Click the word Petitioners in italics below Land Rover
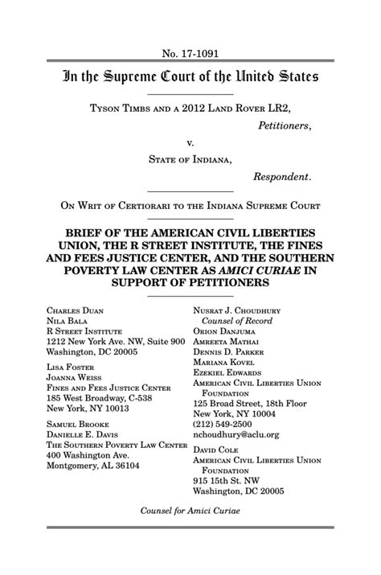pos(282,125)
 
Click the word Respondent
pos(281,176)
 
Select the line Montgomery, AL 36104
pos(92,465)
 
